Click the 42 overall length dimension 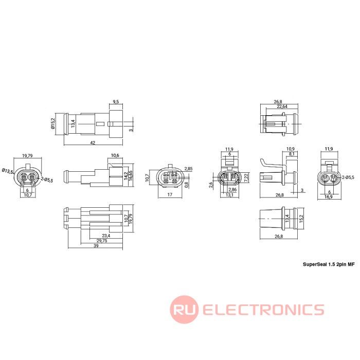[93, 143]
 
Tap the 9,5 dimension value [116, 102]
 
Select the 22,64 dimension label [282, 106]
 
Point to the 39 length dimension [96, 246]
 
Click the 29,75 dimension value [102, 241]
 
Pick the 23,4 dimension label [106, 236]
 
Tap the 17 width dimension [170, 195]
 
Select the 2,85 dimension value [189, 169]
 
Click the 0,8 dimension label [186, 185]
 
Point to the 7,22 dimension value [246, 177]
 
